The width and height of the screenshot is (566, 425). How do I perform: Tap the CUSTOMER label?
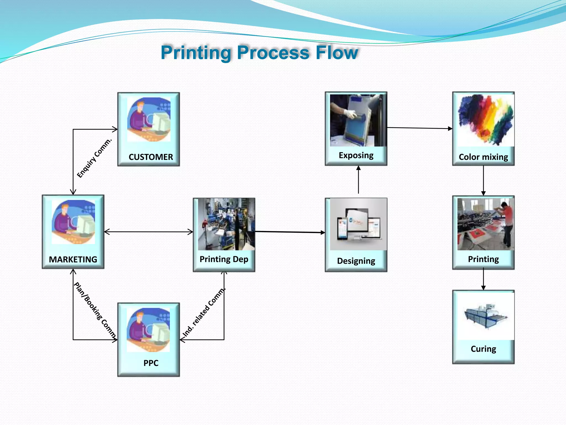click(x=151, y=157)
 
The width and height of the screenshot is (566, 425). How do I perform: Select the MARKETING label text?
click(x=73, y=259)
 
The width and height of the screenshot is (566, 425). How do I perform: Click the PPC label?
click(x=151, y=363)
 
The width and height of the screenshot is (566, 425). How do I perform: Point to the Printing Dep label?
click(x=224, y=259)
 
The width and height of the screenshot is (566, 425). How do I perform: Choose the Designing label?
click(x=356, y=261)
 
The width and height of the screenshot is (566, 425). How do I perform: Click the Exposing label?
click(x=356, y=155)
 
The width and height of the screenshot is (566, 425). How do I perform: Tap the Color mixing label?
click(x=483, y=157)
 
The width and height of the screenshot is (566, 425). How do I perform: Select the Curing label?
click(x=483, y=349)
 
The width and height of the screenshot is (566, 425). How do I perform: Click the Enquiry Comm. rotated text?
click(x=94, y=158)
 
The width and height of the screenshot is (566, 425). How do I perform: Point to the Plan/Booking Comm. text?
click(x=95, y=310)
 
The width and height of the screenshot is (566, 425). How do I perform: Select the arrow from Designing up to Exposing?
click(x=358, y=180)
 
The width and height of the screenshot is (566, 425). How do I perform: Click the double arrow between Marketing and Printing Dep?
click(x=148, y=232)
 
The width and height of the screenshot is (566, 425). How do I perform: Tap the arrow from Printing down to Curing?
click(x=483, y=279)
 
